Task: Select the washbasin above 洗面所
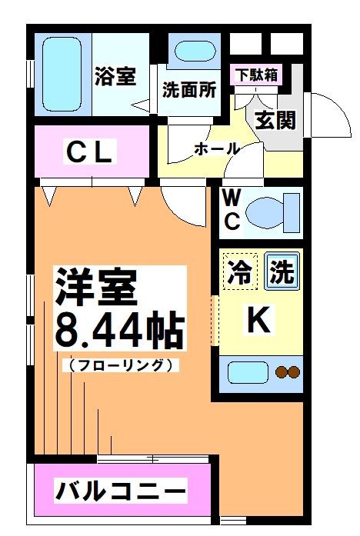tap(191, 52)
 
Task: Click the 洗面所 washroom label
tap(188, 88)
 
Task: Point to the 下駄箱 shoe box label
tap(257, 75)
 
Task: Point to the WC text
tap(232, 209)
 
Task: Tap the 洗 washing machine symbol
tap(281, 274)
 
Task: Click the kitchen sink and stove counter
tap(262, 373)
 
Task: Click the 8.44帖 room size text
tap(119, 331)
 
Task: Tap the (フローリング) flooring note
tap(119, 365)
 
